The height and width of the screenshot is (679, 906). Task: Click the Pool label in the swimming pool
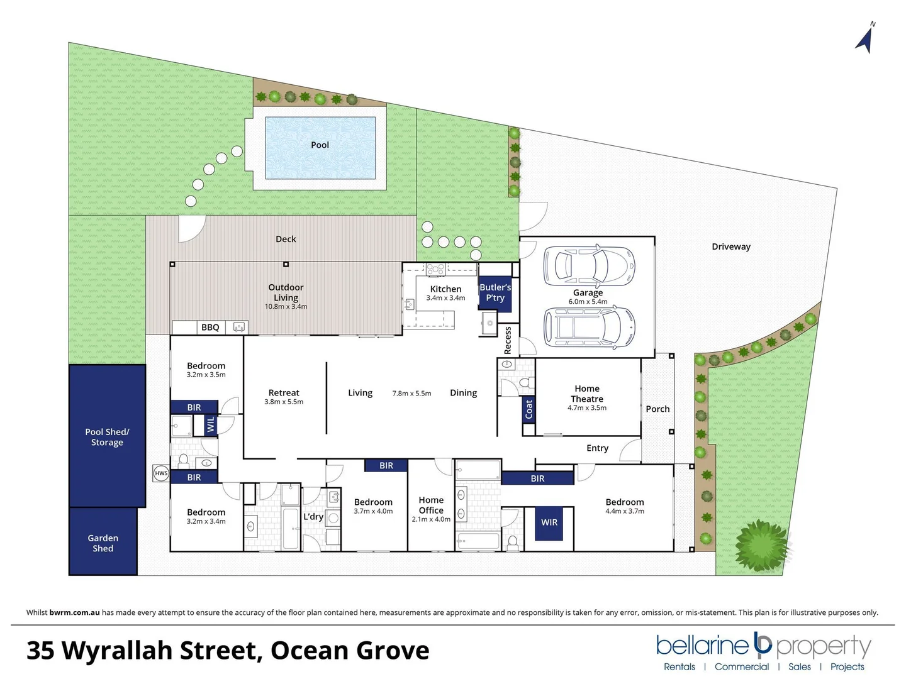click(x=320, y=145)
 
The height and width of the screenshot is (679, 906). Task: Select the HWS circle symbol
click(x=161, y=473)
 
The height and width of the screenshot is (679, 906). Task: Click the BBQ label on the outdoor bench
click(x=210, y=328)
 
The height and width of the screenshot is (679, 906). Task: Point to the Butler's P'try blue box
click(x=495, y=294)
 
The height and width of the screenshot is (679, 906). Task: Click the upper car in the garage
click(x=589, y=266)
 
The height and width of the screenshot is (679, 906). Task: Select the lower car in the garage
click(x=589, y=328)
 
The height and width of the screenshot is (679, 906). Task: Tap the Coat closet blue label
click(x=528, y=409)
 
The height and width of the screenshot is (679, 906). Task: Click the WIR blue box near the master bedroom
click(x=549, y=522)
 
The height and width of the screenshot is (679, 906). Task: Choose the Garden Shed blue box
click(x=103, y=543)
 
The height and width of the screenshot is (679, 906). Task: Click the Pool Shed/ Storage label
click(x=107, y=437)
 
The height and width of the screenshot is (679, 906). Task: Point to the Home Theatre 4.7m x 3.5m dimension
click(x=587, y=408)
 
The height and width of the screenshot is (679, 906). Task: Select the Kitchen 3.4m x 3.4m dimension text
click(x=445, y=298)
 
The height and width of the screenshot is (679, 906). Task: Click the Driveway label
click(x=731, y=247)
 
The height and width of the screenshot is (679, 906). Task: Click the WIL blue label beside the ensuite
click(x=211, y=424)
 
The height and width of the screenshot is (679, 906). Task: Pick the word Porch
click(x=657, y=409)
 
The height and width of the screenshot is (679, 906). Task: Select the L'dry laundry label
click(x=313, y=517)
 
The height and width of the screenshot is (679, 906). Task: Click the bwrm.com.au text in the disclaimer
click(x=74, y=612)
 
